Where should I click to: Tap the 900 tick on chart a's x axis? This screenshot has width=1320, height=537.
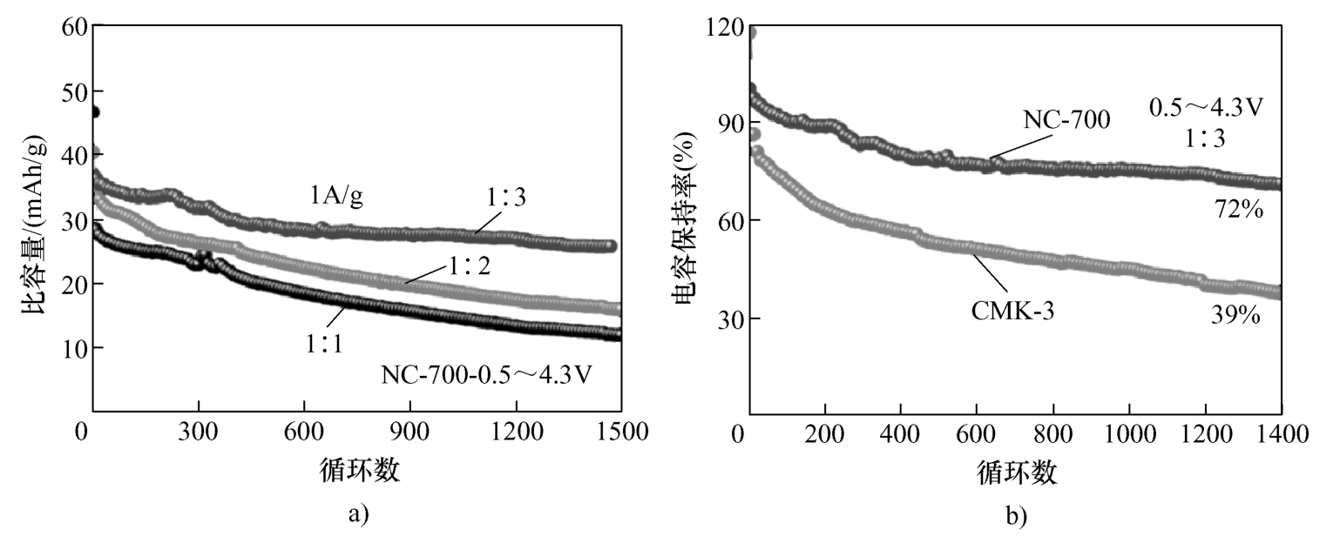click(x=410, y=433)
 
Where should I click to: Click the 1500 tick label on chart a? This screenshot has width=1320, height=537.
click(x=620, y=433)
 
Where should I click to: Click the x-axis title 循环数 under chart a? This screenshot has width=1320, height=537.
click(x=356, y=471)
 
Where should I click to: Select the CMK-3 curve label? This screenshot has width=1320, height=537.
click(x=1012, y=311)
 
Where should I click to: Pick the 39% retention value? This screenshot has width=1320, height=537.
click(x=1235, y=316)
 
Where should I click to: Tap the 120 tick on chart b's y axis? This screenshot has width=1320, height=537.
click(x=727, y=28)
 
